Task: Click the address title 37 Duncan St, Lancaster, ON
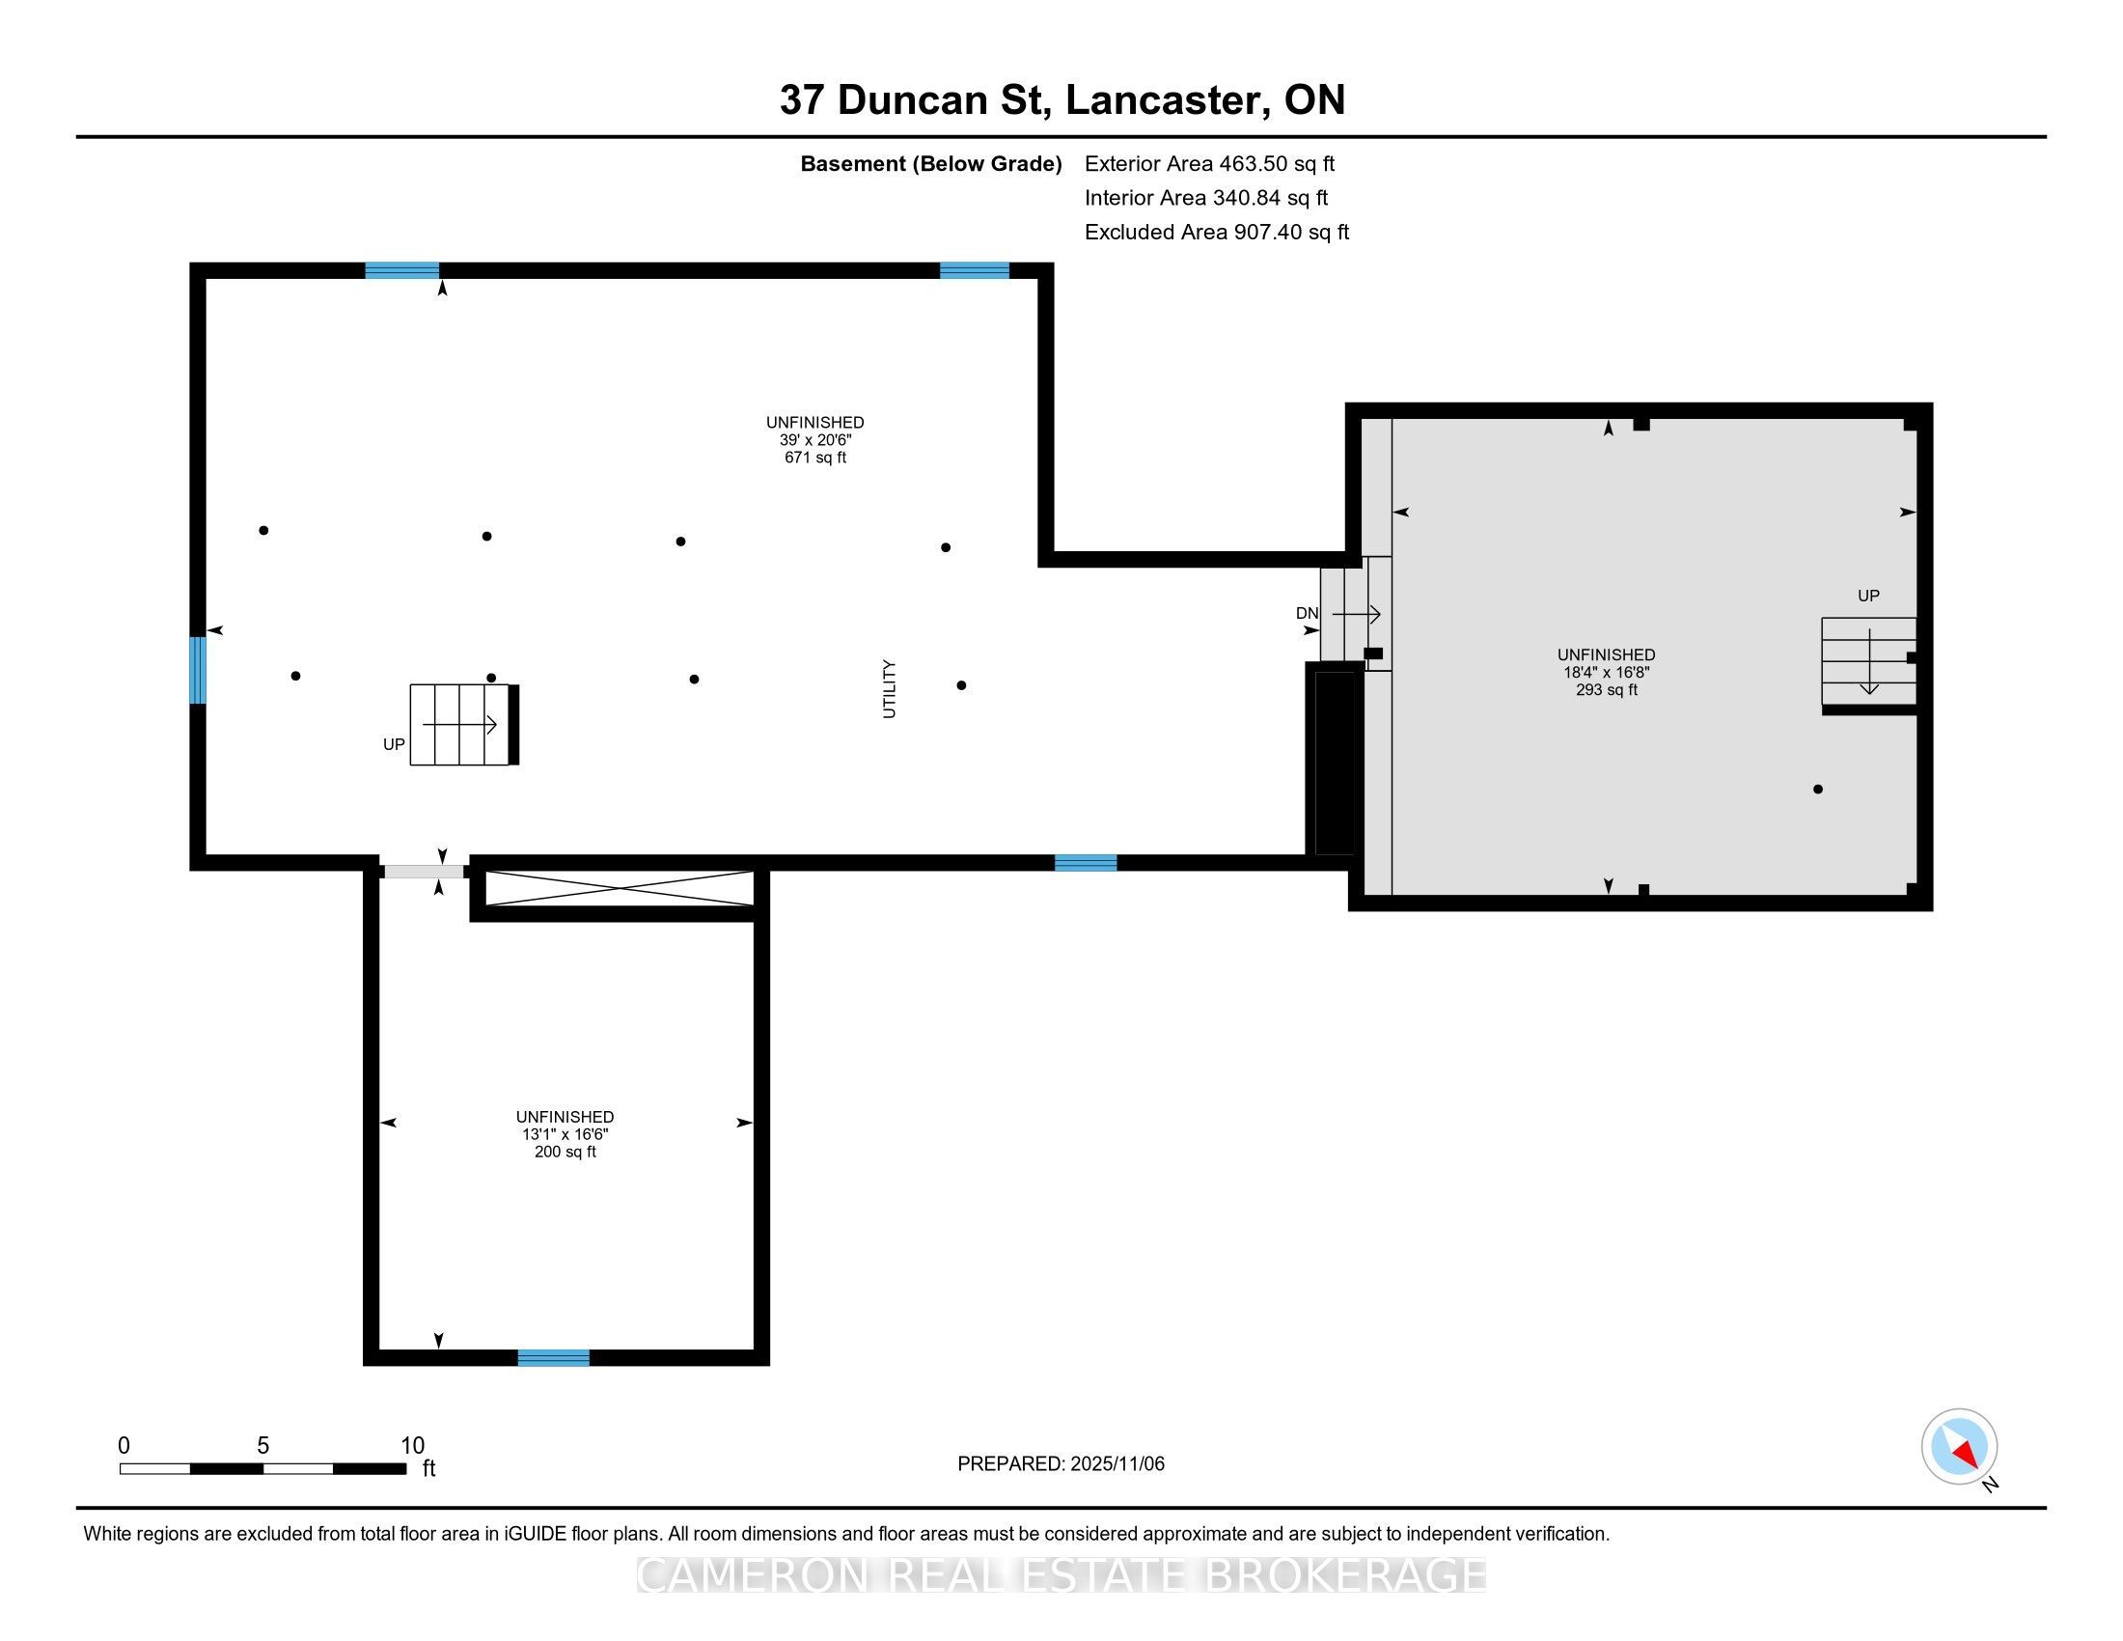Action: [x=1061, y=99]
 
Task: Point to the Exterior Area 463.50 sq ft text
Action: [x=1209, y=163]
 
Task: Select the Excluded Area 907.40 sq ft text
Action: [x=1217, y=232]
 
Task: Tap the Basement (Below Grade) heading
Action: [x=930, y=163]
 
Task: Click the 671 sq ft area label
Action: [x=814, y=457]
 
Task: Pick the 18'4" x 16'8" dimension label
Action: [x=1606, y=672]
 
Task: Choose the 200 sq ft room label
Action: [x=565, y=1152]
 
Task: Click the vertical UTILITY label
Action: [x=889, y=688]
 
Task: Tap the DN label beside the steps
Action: [x=1307, y=613]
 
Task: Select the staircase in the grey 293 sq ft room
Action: [x=1868, y=662]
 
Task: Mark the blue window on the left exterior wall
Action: [x=197, y=670]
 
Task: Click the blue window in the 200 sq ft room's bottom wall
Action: [x=553, y=1358]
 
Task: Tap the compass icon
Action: [x=1959, y=1446]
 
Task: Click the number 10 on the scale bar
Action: [x=412, y=1446]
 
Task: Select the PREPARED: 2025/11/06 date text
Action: [x=1061, y=1463]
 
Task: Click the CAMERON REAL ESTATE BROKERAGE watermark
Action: [x=1061, y=1575]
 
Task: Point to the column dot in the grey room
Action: [x=1818, y=790]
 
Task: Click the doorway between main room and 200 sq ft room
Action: [x=424, y=872]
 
